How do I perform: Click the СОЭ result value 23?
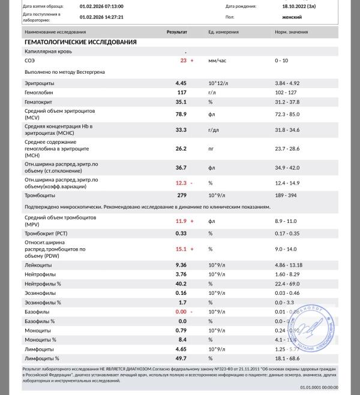tap(183, 61)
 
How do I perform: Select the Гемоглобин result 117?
tap(182, 92)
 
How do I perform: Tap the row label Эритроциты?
tap(40, 82)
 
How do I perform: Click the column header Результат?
tap(176, 31)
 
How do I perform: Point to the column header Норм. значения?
tap(290, 31)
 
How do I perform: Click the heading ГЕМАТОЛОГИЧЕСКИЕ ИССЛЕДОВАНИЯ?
tap(80, 43)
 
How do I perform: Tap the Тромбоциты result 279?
tap(182, 195)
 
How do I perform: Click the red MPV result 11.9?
tap(181, 221)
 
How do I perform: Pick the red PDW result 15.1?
tap(181, 248)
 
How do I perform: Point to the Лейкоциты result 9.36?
tap(182, 264)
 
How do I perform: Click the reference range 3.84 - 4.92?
tap(287, 82)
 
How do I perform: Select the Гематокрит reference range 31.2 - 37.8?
tap(287, 102)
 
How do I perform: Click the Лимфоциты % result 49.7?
tap(181, 358)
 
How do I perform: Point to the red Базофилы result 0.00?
tap(181, 312)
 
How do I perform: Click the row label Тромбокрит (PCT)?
tap(46, 233)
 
